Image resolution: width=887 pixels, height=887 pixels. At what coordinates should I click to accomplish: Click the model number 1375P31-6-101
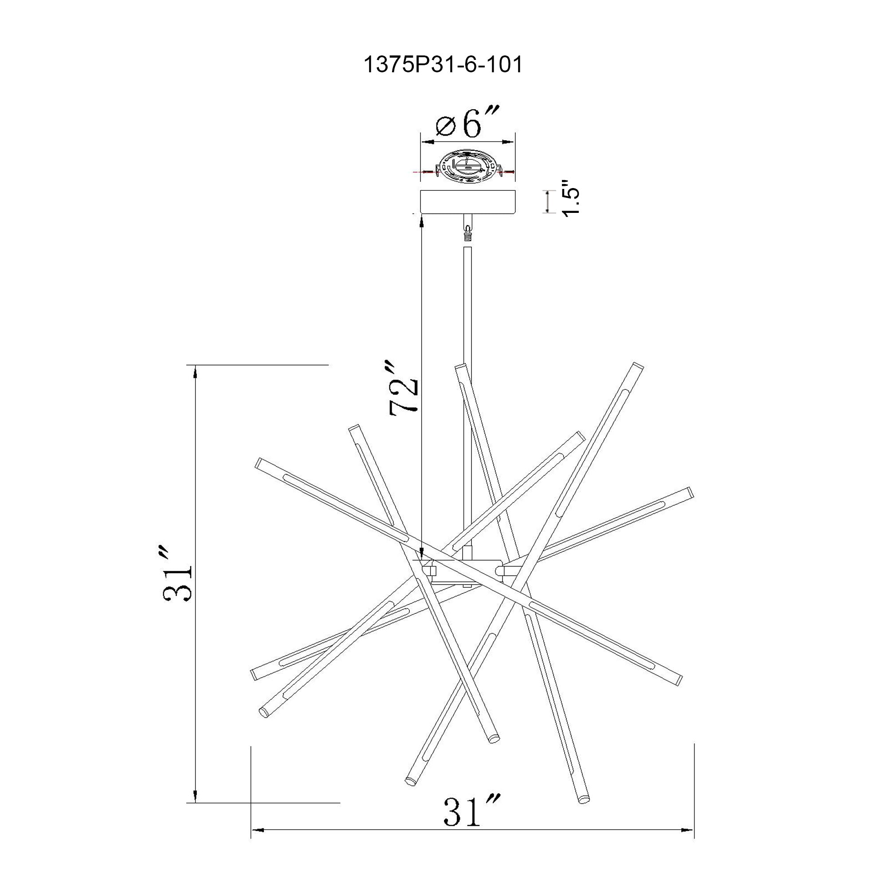(443, 65)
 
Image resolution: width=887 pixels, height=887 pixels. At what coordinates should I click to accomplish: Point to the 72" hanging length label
(404, 389)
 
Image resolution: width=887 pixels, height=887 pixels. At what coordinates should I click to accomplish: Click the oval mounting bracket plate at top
(468, 168)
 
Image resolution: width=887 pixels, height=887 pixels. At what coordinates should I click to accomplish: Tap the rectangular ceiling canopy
(468, 202)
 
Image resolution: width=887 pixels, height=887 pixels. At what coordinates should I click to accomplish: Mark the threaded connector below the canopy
(468, 234)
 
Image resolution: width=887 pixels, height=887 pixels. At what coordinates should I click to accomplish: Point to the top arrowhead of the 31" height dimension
(196, 371)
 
